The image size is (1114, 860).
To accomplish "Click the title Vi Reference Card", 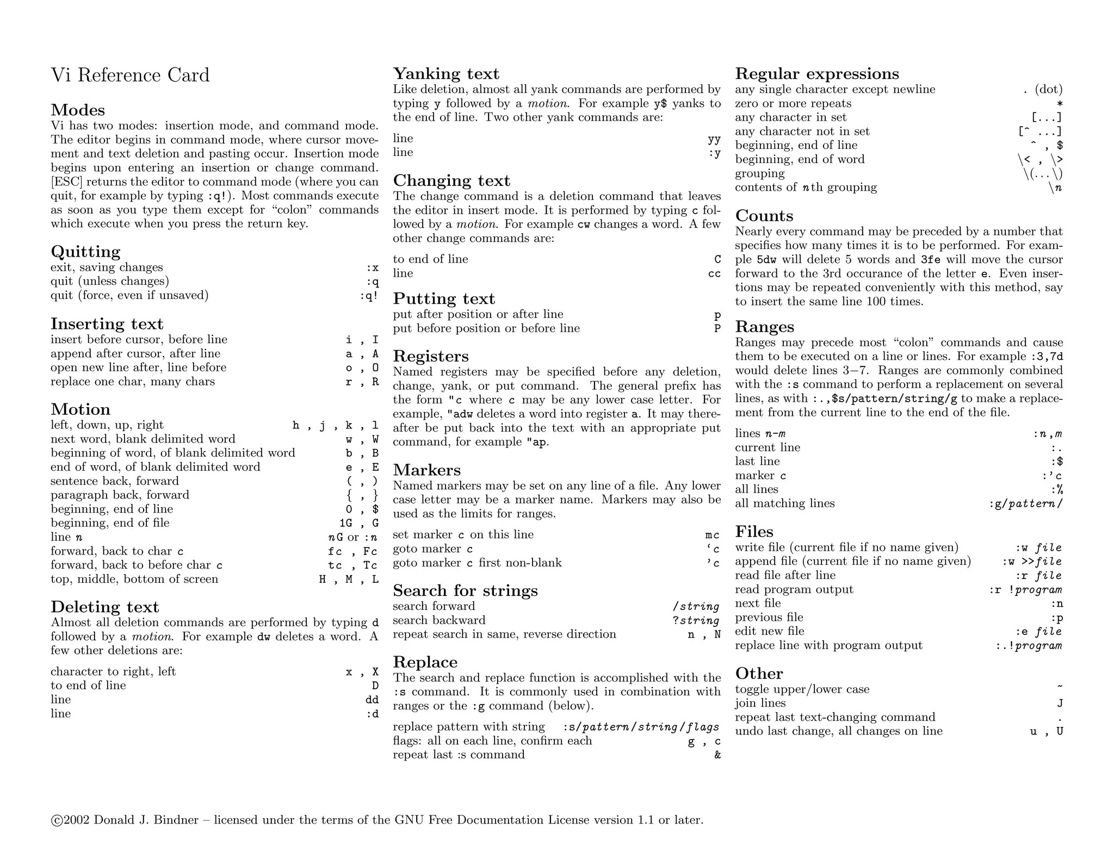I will pos(130,75).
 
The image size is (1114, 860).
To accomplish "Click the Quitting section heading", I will pos(85,252).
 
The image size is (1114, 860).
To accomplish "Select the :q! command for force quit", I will pos(369,296).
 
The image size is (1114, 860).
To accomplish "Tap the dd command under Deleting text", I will pos(372,700).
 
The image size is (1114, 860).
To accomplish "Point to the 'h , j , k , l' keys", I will pos(335,426).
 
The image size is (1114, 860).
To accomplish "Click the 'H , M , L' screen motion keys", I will pos(349,579).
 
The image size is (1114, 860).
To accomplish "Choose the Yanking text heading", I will pos(445,74).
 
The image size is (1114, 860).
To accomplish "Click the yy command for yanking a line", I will pos(714,139).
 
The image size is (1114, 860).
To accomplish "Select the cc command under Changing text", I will pos(714,273).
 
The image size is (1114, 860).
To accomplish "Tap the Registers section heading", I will pos(430,356).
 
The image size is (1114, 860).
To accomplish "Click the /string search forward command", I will pos(696,606).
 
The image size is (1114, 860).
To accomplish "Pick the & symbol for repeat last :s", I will pos(717,755).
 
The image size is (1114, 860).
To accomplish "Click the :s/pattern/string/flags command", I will pos(641,727).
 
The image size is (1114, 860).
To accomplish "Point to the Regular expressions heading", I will pos(816,74).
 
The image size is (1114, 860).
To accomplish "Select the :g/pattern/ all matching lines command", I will pos(1025,504).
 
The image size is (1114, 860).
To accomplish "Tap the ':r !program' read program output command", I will pos(1025,590).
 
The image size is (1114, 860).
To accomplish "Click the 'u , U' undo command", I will pos(1046,732).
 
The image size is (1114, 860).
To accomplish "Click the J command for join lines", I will pos(1060,703).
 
